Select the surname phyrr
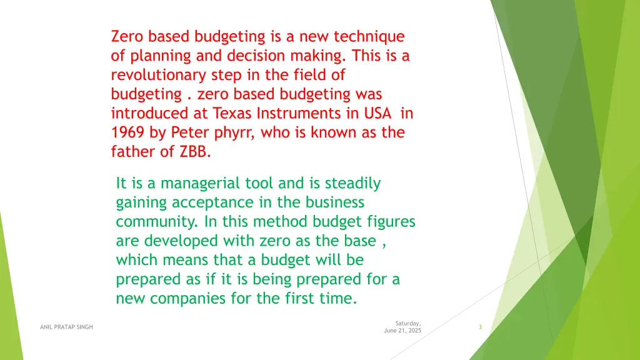[x=237, y=133]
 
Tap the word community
[x=156, y=222]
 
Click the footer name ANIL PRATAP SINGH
[x=66, y=326]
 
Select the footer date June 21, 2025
[x=402, y=331]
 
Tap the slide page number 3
[x=479, y=327]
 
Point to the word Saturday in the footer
[x=407, y=322]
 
